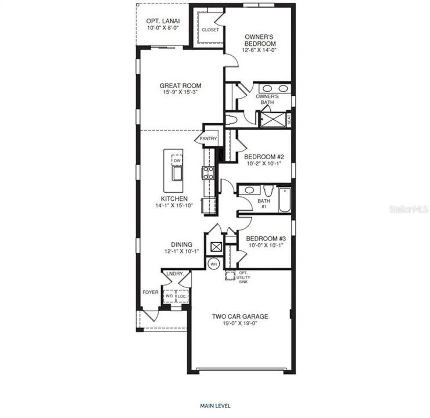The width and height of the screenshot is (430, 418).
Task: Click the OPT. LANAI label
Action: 163,21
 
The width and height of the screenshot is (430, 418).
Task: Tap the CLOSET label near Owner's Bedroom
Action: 210,30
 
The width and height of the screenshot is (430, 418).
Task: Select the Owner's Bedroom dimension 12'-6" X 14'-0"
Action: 260,51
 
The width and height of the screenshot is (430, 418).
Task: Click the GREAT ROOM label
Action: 180,86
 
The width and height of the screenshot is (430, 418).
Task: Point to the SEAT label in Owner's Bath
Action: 289,118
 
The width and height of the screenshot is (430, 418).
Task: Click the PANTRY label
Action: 208,139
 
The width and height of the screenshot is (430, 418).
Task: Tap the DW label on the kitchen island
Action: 177,160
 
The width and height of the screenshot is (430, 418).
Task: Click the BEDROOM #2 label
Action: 263,156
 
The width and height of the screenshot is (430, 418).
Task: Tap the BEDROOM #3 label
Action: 264,238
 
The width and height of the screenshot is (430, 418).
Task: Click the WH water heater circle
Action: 213,264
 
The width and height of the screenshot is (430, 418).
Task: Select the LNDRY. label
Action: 174,273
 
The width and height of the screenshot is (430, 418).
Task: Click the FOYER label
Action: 150,292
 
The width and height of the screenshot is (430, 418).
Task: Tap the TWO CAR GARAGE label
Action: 239,316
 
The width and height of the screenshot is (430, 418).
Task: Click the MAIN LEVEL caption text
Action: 215,406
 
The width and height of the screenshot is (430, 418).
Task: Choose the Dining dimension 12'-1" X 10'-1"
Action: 181,251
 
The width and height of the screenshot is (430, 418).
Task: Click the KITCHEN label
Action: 174,199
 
